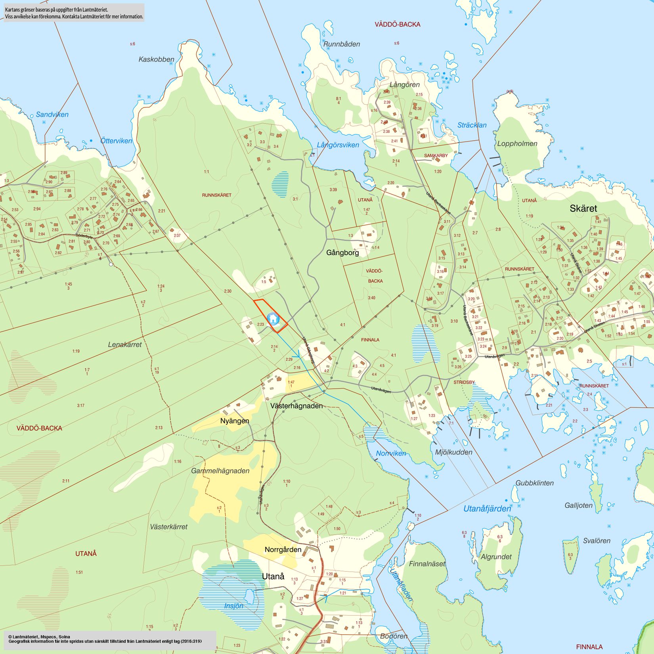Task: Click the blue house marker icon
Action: tap(273, 318)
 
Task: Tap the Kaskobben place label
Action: tap(156, 59)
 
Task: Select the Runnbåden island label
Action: tap(342, 44)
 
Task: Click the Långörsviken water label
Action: tap(338, 145)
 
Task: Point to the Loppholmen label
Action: tap(517, 144)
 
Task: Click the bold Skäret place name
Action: tap(583, 208)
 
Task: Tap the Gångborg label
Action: tap(342, 252)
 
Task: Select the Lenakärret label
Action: tap(125, 345)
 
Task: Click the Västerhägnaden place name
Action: tap(296, 406)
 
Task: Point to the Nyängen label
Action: tap(235, 421)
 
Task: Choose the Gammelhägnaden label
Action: tap(220, 471)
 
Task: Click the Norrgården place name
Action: tap(283, 550)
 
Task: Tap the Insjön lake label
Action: tap(233, 606)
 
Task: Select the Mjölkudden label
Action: tap(453, 452)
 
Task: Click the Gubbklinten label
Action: tap(534, 483)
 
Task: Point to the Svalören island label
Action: tap(597, 541)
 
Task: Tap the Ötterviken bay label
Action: tap(116, 141)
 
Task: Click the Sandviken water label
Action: tap(52, 115)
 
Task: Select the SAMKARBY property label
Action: tap(436, 156)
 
